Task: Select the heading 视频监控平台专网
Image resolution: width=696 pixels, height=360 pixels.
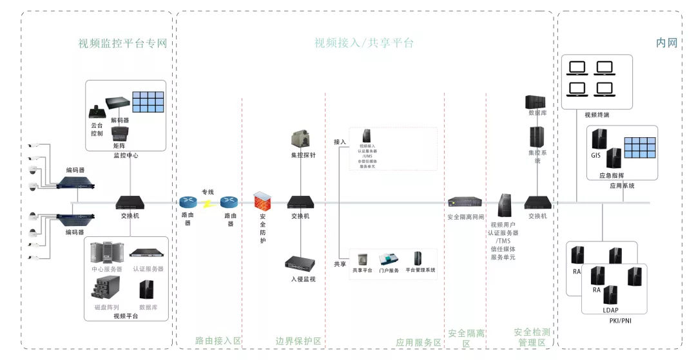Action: pos(122,44)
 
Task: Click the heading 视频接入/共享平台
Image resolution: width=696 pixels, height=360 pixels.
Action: pos(364,43)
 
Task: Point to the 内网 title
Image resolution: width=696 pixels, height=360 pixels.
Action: pos(667,43)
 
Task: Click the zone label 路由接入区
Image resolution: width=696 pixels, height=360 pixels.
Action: pos(218,341)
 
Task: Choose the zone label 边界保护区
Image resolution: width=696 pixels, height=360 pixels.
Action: pos(298,341)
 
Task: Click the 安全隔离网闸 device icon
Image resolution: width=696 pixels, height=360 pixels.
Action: pos(465,202)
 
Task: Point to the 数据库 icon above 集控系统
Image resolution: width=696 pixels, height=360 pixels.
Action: pos(536,102)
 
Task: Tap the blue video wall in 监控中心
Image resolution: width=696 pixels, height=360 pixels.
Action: pos(148,102)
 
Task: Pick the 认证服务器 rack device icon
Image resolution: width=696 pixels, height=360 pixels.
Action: pos(148,252)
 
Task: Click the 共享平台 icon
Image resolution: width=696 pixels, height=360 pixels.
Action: pos(363,259)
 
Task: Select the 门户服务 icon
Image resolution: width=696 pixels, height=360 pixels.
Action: pos(389,259)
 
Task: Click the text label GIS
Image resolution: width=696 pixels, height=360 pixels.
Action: pos(595,155)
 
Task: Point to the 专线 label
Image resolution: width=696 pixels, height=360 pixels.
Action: pos(208,192)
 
